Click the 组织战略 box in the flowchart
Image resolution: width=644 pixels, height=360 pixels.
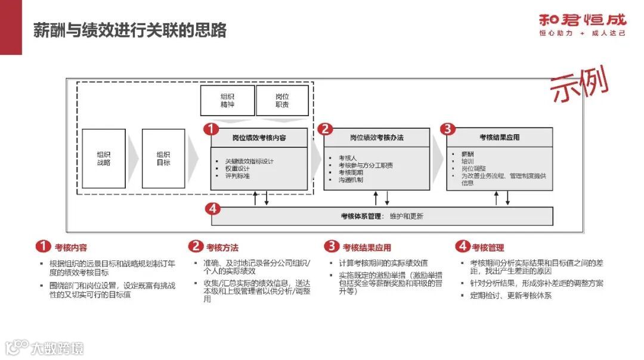[x=104, y=158]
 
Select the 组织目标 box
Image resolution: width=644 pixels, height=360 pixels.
[x=163, y=158]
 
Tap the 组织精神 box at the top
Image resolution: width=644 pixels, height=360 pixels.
[x=227, y=100]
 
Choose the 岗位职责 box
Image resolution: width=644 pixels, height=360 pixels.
[x=282, y=100]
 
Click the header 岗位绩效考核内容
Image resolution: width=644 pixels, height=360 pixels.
[x=259, y=138]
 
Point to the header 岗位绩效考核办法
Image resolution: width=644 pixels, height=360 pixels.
[x=377, y=138]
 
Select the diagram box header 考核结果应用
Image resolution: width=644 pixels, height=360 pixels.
[x=499, y=137]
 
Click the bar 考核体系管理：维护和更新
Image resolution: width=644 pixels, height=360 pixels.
[x=382, y=216]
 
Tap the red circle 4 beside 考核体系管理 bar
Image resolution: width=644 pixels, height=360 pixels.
[x=212, y=209]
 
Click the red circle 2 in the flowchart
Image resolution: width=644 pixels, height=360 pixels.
[x=325, y=129]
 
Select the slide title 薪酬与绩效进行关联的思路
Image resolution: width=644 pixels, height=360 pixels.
[x=130, y=30]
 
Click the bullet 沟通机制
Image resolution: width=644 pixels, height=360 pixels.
[x=351, y=179]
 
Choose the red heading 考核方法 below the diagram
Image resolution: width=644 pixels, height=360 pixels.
[x=222, y=247]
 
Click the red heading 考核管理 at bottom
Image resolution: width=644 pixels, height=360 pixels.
[x=488, y=247]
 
